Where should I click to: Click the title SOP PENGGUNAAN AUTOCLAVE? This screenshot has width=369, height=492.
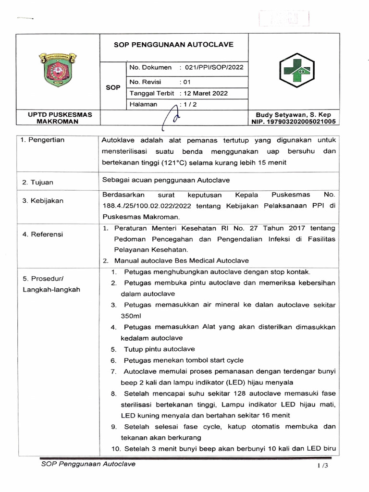pyautogui.click(x=173, y=45)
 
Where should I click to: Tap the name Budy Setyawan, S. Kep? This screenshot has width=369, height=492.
pyautogui.click(x=294, y=115)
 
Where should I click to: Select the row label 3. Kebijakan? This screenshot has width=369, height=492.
pyautogui.click(x=43, y=201)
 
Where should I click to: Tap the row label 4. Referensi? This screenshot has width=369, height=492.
pyautogui.click(x=43, y=234)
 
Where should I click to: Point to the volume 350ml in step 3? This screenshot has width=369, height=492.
pyautogui.click(x=131, y=316)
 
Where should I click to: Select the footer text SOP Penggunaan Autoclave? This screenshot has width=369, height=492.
pyautogui.click(x=88, y=464)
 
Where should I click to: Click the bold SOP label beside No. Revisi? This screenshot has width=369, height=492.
pyautogui.click(x=112, y=88)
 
